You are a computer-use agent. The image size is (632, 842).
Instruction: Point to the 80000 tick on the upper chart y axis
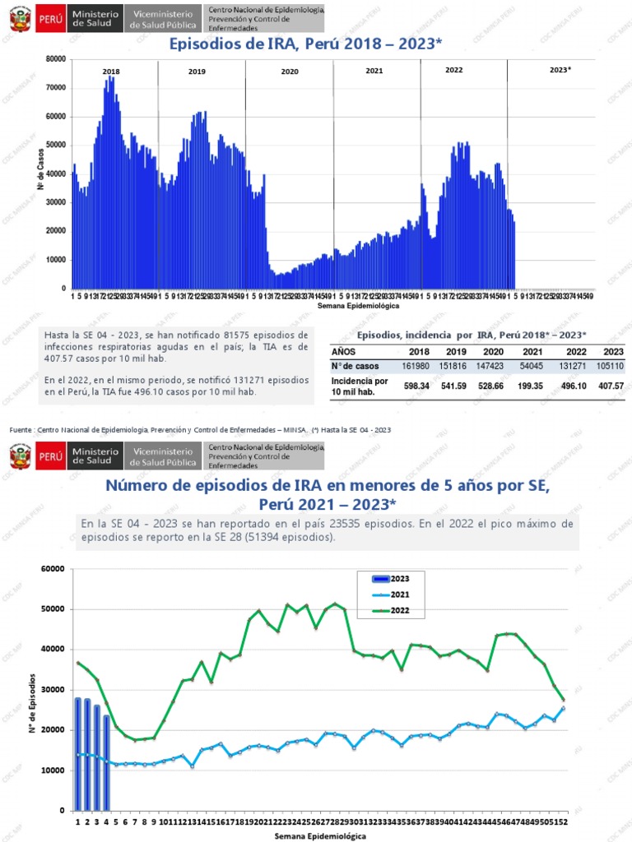56,59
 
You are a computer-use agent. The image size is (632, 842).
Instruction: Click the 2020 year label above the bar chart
290,72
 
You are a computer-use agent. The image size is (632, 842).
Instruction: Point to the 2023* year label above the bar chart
560,71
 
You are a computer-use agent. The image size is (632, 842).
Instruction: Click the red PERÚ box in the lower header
51,454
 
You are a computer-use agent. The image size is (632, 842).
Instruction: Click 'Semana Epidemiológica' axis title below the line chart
321,835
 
